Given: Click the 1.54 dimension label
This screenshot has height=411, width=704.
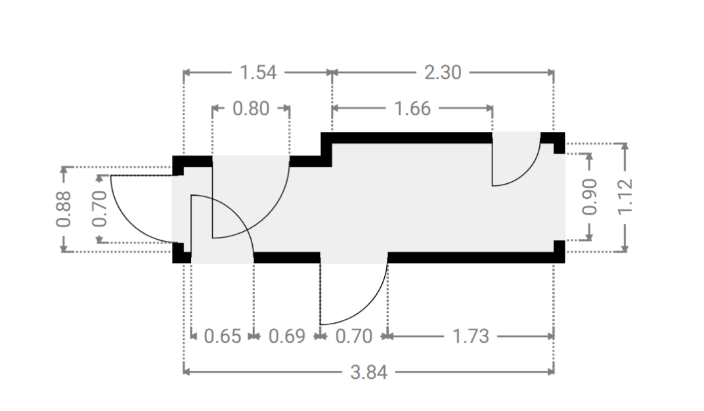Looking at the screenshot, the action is (x=258, y=72).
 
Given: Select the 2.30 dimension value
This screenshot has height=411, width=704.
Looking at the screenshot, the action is (x=443, y=72).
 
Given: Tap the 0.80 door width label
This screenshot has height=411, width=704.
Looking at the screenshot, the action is (x=251, y=108).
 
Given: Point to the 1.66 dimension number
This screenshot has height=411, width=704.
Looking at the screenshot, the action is (x=412, y=108).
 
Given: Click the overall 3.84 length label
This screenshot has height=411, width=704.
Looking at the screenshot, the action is (x=368, y=372).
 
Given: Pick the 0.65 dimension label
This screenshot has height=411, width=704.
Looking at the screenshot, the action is (x=223, y=336).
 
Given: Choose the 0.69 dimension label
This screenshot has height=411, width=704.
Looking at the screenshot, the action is (x=287, y=336).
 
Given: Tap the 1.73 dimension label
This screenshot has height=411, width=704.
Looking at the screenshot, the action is (x=470, y=336).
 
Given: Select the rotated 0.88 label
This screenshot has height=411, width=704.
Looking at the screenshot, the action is (x=64, y=209).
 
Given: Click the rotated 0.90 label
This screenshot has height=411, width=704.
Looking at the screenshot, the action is (x=590, y=197).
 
